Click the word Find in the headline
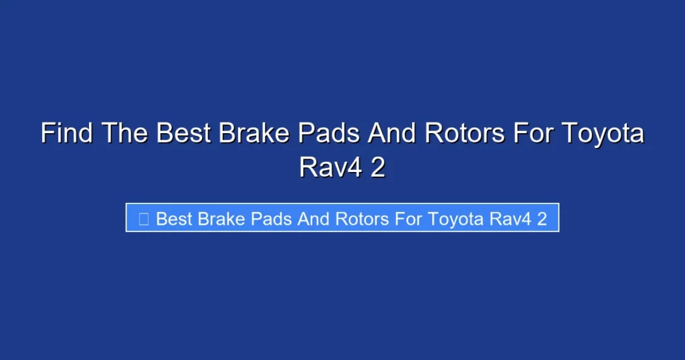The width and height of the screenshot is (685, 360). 67,134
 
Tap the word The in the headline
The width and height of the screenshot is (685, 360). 125,134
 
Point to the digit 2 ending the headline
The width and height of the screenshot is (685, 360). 378,167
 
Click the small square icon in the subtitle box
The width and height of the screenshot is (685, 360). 143,219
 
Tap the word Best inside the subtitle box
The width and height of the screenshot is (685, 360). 174,219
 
